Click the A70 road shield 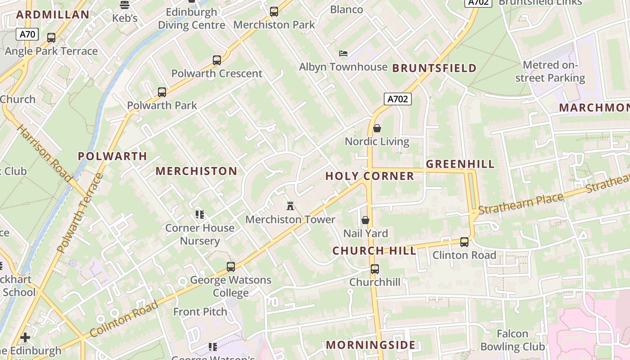pyautogui.click(x=27, y=34)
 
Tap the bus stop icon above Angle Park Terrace pyautogui.click(x=51, y=38)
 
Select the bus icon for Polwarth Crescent pyautogui.click(x=217, y=60)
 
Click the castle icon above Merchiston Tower pyautogui.click(x=290, y=206)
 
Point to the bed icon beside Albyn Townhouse pyautogui.click(x=343, y=54)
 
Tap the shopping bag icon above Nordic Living pyautogui.click(x=377, y=128)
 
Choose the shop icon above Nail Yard pyautogui.click(x=365, y=220)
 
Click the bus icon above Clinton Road pyautogui.click(x=464, y=242)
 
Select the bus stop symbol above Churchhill pyautogui.click(x=375, y=269)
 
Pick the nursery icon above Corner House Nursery pyautogui.click(x=199, y=214)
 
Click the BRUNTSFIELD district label pyautogui.click(x=434, y=68)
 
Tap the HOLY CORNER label pyautogui.click(x=369, y=176)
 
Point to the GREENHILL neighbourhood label pyautogui.click(x=460, y=164)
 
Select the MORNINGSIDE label pyautogui.click(x=370, y=345)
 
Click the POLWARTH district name pyautogui.click(x=112, y=156)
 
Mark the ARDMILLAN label pyautogui.click(x=53, y=14)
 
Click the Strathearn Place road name pyautogui.click(x=521, y=204)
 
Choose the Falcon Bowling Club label pyautogui.click(x=513, y=340)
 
